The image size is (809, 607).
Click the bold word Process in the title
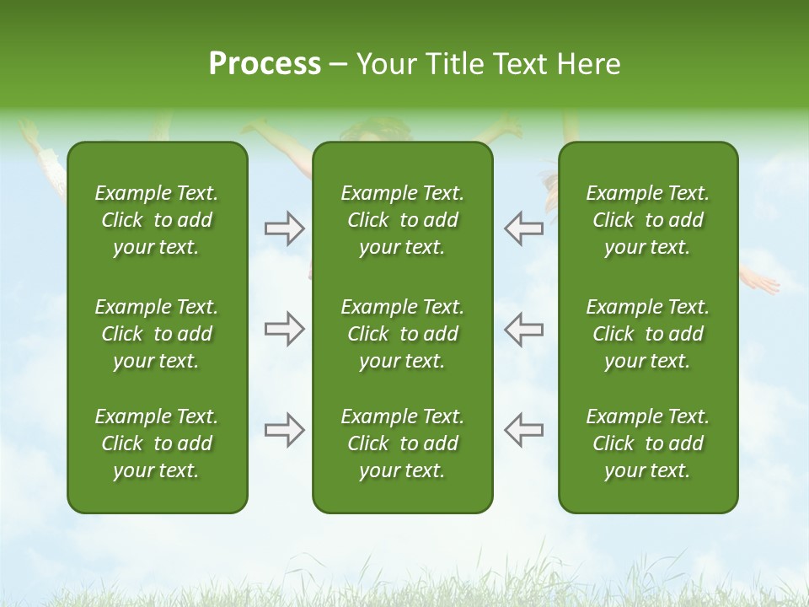click(265, 64)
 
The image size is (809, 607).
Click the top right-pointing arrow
click(284, 228)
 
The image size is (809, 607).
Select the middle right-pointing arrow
click(284, 329)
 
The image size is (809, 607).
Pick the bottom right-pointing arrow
click(284, 430)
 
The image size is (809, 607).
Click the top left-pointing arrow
click(524, 228)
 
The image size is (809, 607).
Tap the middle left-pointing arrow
click(524, 329)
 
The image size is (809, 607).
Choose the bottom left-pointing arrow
click(524, 430)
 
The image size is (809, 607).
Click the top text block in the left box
click(157, 220)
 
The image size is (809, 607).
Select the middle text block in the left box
click(157, 334)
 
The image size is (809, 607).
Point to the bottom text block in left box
click(157, 443)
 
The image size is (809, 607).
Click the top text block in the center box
click(402, 220)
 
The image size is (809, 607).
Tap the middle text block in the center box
click(402, 334)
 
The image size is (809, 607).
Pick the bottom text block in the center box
click(402, 443)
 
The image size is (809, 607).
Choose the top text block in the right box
click(647, 220)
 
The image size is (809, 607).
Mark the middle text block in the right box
click(647, 334)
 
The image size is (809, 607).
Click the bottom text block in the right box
click(647, 443)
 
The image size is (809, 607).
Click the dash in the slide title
click(339, 65)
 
